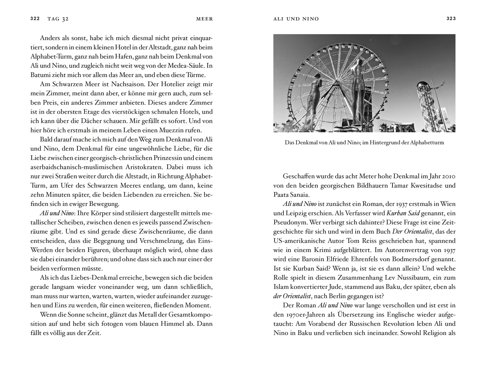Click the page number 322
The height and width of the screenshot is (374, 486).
(35, 18)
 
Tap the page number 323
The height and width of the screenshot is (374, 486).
(451, 18)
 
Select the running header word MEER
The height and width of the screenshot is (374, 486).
(205, 19)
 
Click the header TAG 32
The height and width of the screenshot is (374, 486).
(58, 19)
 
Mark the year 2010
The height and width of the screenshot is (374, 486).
(448, 177)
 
